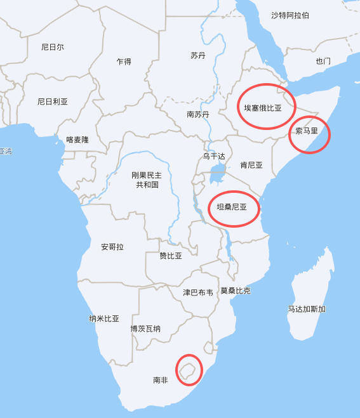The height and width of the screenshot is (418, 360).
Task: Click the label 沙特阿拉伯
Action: coord(290,15)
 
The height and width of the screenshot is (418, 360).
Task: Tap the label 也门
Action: coord(323,62)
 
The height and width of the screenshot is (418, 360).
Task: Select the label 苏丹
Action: coord(198,56)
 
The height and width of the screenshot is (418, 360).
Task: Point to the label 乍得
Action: coord(124,62)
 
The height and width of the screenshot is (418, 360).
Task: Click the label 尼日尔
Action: coord(53,47)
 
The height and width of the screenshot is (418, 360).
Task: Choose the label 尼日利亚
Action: coord(53,101)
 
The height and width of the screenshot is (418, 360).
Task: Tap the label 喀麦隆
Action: coord(77,140)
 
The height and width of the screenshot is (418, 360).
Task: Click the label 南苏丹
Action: coord(197,115)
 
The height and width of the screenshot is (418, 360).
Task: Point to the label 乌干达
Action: coord(214,156)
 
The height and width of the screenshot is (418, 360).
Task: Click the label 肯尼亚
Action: coord(251,165)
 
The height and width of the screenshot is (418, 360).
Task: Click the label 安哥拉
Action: coord(112,246)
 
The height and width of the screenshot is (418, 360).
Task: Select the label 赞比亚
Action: coord(171,256)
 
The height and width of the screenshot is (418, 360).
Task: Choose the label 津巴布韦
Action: coord(198,292)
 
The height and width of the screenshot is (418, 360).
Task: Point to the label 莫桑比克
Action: coord(236,291)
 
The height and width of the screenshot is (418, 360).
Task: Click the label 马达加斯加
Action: coord(307,309)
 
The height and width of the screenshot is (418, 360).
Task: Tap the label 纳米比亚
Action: coord(104,318)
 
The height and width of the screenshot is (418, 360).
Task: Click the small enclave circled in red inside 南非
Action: coord(188,370)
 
